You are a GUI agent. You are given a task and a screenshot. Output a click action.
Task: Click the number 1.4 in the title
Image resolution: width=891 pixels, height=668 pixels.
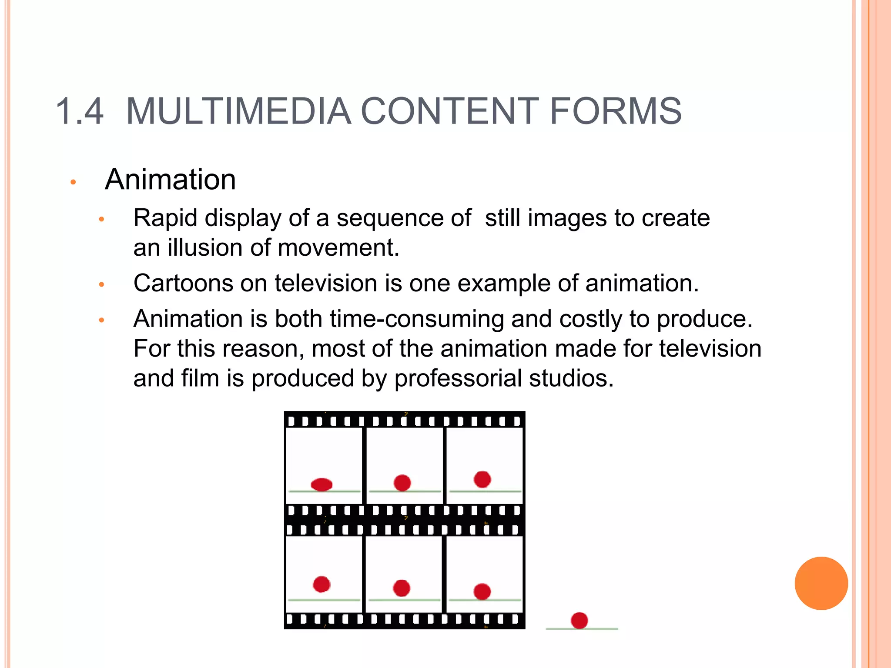[x=80, y=112]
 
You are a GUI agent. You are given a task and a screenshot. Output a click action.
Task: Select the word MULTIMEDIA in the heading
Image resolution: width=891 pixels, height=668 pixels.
[x=238, y=112]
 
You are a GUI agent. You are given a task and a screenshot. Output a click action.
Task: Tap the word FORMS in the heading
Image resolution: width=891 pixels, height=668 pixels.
[x=616, y=112]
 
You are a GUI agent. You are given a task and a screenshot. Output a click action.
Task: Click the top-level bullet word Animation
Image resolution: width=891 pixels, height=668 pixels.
[x=170, y=180]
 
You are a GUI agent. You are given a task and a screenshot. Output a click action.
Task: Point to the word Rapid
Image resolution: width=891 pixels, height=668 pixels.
[x=165, y=219]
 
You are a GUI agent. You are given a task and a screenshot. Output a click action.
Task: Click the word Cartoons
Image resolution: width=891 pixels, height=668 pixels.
[x=183, y=284]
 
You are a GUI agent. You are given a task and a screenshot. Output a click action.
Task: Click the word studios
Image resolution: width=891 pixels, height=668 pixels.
[x=571, y=378]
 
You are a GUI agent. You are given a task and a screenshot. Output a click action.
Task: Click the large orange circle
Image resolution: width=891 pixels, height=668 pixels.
[x=821, y=583]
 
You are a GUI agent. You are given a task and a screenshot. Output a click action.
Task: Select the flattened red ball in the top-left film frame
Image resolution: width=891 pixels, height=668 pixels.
[x=322, y=484]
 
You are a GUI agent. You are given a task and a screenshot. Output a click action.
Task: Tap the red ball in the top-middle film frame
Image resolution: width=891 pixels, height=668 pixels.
[x=402, y=483]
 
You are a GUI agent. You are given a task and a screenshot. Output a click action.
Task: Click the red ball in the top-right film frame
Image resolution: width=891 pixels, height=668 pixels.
[x=482, y=479]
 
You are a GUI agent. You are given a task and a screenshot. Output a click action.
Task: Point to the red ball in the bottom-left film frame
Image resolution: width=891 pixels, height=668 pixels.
[x=322, y=584]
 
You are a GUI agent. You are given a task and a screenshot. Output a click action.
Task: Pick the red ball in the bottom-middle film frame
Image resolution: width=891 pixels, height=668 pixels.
[x=402, y=588]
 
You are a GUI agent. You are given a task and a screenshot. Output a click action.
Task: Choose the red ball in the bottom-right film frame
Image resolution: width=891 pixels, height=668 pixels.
[x=482, y=591]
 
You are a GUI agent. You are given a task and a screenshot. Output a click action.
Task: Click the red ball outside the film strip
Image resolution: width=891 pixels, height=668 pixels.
[x=579, y=620]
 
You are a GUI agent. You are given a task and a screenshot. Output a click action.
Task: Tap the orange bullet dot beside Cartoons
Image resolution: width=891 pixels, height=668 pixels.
[x=102, y=285]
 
